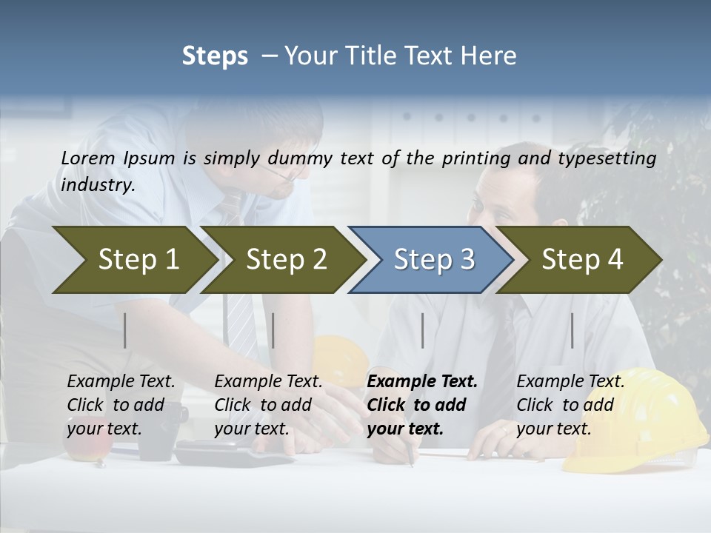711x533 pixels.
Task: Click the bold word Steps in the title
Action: (x=215, y=56)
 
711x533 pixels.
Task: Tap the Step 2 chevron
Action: (x=281, y=260)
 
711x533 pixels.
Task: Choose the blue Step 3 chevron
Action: (x=431, y=260)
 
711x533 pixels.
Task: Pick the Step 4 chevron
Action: (x=580, y=260)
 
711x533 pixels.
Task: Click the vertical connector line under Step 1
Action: (x=125, y=330)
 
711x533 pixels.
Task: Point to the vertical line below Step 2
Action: (x=273, y=330)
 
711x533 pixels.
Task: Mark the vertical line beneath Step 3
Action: (x=422, y=330)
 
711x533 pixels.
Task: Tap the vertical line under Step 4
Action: (x=572, y=330)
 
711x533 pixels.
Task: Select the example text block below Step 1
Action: (x=120, y=405)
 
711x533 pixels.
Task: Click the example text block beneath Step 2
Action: (x=267, y=405)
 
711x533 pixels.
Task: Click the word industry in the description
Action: (x=96, y=184)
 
